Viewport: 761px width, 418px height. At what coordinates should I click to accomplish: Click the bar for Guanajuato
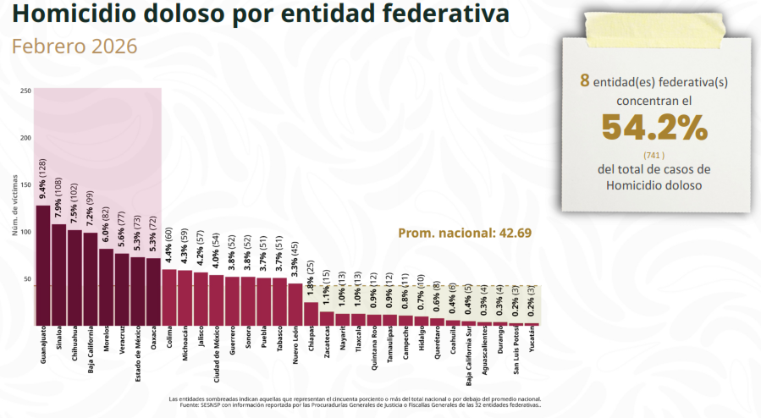pos(42,264)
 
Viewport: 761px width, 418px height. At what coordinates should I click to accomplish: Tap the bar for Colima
pos(169,296)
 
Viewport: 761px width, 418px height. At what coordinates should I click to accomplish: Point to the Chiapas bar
pos(311,313)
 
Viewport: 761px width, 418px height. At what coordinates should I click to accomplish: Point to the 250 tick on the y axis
pos(26,91)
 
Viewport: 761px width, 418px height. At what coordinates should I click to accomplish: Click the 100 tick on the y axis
pos(26,232)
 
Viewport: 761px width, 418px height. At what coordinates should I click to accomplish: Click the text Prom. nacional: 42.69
pos(465,233)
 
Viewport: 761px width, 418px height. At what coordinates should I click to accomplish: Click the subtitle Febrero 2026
pos(74,46)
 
